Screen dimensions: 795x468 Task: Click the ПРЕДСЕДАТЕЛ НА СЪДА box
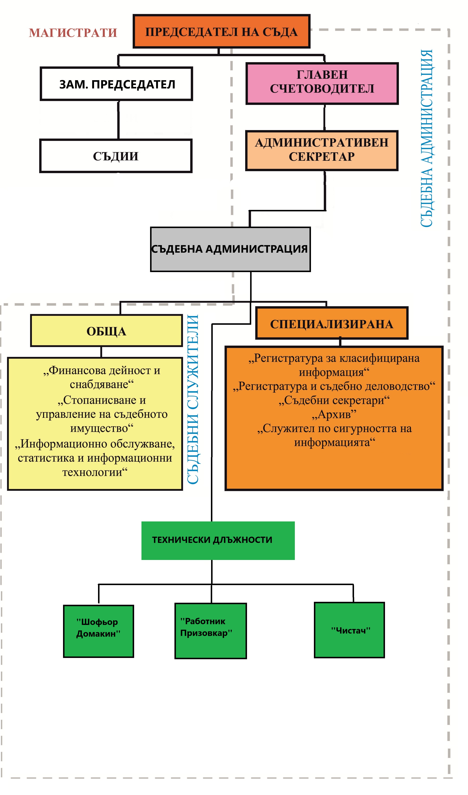[x=221, y=32]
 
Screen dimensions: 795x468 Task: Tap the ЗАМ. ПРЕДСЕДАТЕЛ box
[x=116, y=84]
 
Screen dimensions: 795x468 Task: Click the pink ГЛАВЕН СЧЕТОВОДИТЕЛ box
[x=322, y=83]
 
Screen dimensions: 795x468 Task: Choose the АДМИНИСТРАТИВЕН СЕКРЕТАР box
[x=322, y=151]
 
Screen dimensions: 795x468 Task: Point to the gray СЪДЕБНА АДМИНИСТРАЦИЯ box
[x=230, y=249]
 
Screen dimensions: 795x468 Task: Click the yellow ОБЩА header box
[x=106, y=331]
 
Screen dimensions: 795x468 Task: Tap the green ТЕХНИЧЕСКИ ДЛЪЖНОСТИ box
[x=218, y=540]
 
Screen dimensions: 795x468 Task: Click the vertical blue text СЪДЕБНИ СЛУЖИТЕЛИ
[x=193, y=399]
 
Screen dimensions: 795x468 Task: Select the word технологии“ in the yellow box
[x=95, y=472]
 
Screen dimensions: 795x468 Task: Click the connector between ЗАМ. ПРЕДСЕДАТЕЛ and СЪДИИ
[x=118, y=120]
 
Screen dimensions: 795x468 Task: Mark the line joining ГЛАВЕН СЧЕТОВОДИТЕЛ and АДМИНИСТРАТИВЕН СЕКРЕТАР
[x=324, y=117]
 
